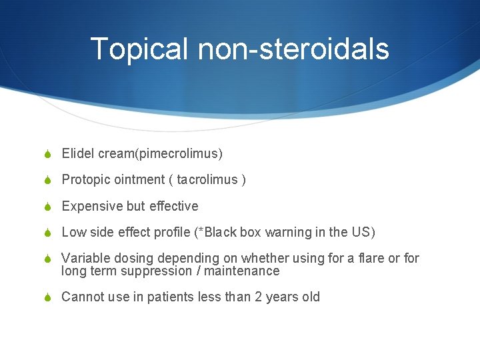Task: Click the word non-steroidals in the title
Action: click(293, 49)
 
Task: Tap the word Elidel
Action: click(78, 154)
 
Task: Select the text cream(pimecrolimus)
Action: click(160, 154)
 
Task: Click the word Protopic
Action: click(85, 180)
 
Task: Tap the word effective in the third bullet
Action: click(173, 206)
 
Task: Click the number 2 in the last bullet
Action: click(258, 297)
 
